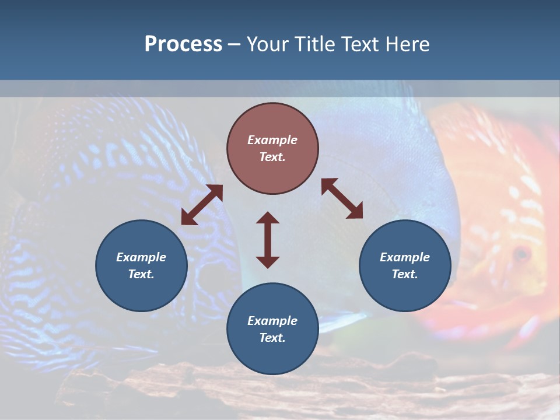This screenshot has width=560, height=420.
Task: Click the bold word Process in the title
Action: coord(183,44)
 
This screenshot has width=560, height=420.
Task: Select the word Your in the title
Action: coord(269,44)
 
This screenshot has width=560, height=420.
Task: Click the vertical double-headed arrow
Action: coord(268,240)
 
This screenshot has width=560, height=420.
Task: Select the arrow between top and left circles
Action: coord(202,205)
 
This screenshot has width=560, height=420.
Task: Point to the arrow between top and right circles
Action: coord(342,198)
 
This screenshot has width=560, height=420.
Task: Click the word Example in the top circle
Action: coord(272,140)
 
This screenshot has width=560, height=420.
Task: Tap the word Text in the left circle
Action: coord(141,274)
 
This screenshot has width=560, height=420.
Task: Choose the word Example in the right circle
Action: coord(405,257)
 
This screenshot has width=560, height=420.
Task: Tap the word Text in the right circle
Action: coord(404,274)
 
